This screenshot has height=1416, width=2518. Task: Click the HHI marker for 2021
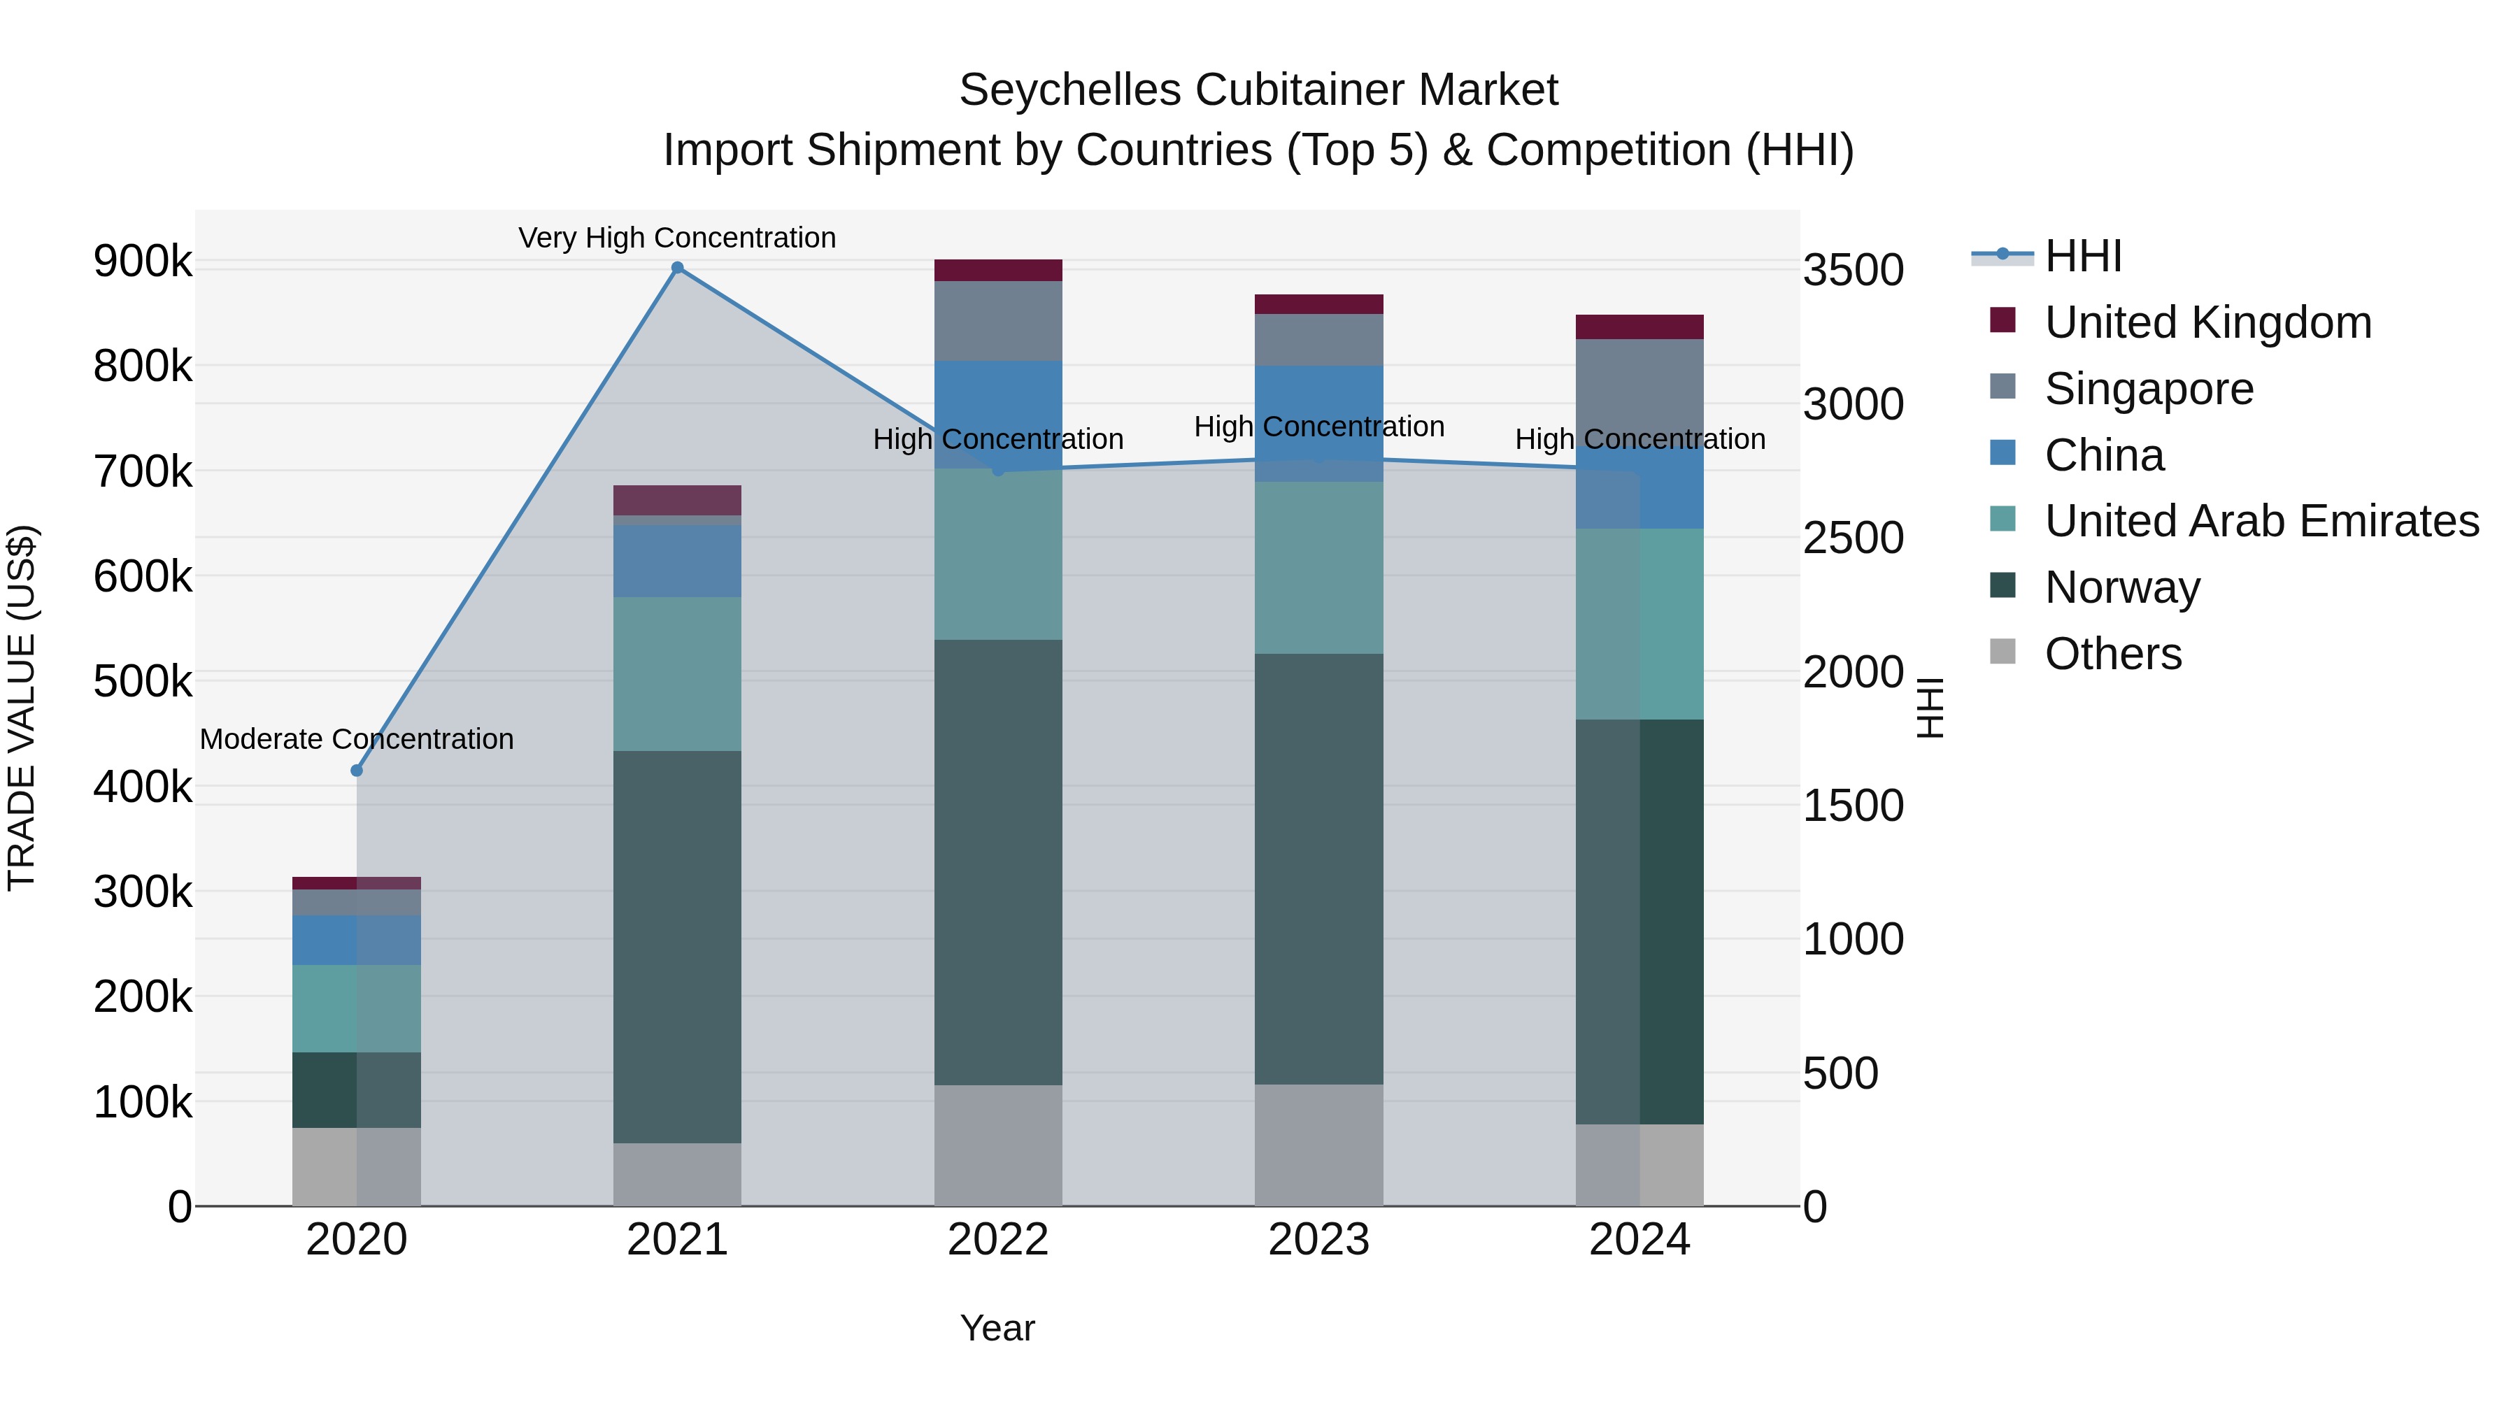click(x=677, y=268)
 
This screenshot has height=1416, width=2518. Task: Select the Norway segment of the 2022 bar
click(x=998, y=862)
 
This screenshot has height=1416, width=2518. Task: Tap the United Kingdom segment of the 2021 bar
click(x=677, y=499)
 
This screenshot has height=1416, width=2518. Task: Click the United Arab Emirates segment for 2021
click(x=677, y=673)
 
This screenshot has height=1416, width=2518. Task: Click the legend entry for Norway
click(x=2121, y=587)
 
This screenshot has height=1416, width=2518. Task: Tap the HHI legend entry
click(x=2082, y=256)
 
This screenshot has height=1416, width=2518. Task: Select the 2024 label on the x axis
click(x=1639, y=1240)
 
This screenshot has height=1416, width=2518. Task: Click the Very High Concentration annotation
click(x=677, y=238)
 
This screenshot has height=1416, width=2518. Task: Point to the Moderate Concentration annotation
click(x=357, y=739)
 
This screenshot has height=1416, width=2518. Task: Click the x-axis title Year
click(x=997, y=1328)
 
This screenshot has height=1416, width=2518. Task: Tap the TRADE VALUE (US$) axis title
click(x=22, y=708)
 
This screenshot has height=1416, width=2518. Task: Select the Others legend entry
click(x=2112, y=654)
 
